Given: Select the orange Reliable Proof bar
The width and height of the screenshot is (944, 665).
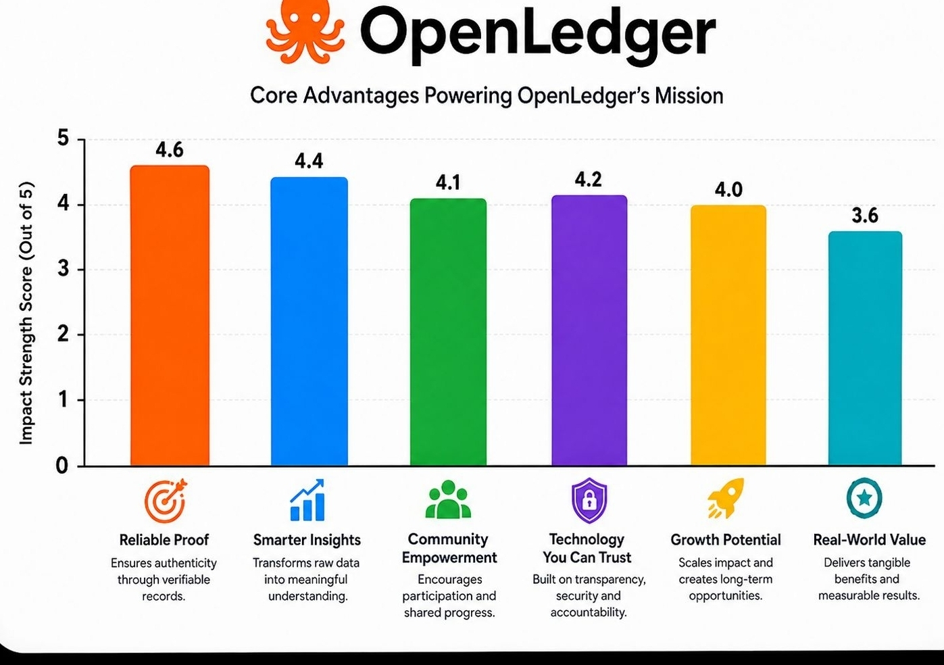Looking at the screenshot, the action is click(x=170, y=315).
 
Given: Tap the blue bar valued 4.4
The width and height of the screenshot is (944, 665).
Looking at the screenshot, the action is click(x=309, y=321).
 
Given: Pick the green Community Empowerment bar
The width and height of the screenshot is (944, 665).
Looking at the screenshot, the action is click(x=449, y=332).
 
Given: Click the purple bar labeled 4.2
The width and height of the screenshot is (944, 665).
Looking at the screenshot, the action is click(x=589, y=330).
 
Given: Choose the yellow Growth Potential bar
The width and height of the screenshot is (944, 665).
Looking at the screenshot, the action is click(x=728, y=335).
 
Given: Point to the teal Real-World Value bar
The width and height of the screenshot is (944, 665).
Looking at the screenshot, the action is click(x=865, y=348).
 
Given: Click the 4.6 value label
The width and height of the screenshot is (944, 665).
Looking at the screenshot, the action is click(x=170, y=150).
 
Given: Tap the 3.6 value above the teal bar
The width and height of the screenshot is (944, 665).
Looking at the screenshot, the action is click(x=865, y=216).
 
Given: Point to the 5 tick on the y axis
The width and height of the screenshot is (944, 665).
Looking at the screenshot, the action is click(x=64, y=138).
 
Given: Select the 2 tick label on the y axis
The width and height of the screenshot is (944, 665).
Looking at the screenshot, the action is click(x=64, y=335).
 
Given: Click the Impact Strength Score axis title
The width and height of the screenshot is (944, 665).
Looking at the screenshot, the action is click(x=26, y=313).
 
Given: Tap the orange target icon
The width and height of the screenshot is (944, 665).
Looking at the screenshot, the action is click(x=165, y=501).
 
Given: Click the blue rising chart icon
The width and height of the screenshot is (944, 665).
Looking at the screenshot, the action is click(x=307, y=500).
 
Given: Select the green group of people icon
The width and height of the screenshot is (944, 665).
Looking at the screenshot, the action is click(x=448, y=499).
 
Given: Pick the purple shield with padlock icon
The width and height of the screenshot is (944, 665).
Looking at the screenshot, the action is click(x=589, y=500).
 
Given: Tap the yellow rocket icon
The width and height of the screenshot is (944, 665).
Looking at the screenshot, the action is click(x=726, y=498).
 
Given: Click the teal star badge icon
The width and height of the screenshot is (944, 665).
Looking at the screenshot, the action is click(x=864, y=497).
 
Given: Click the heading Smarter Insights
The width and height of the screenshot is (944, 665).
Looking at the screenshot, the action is click(x=307, y=540).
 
